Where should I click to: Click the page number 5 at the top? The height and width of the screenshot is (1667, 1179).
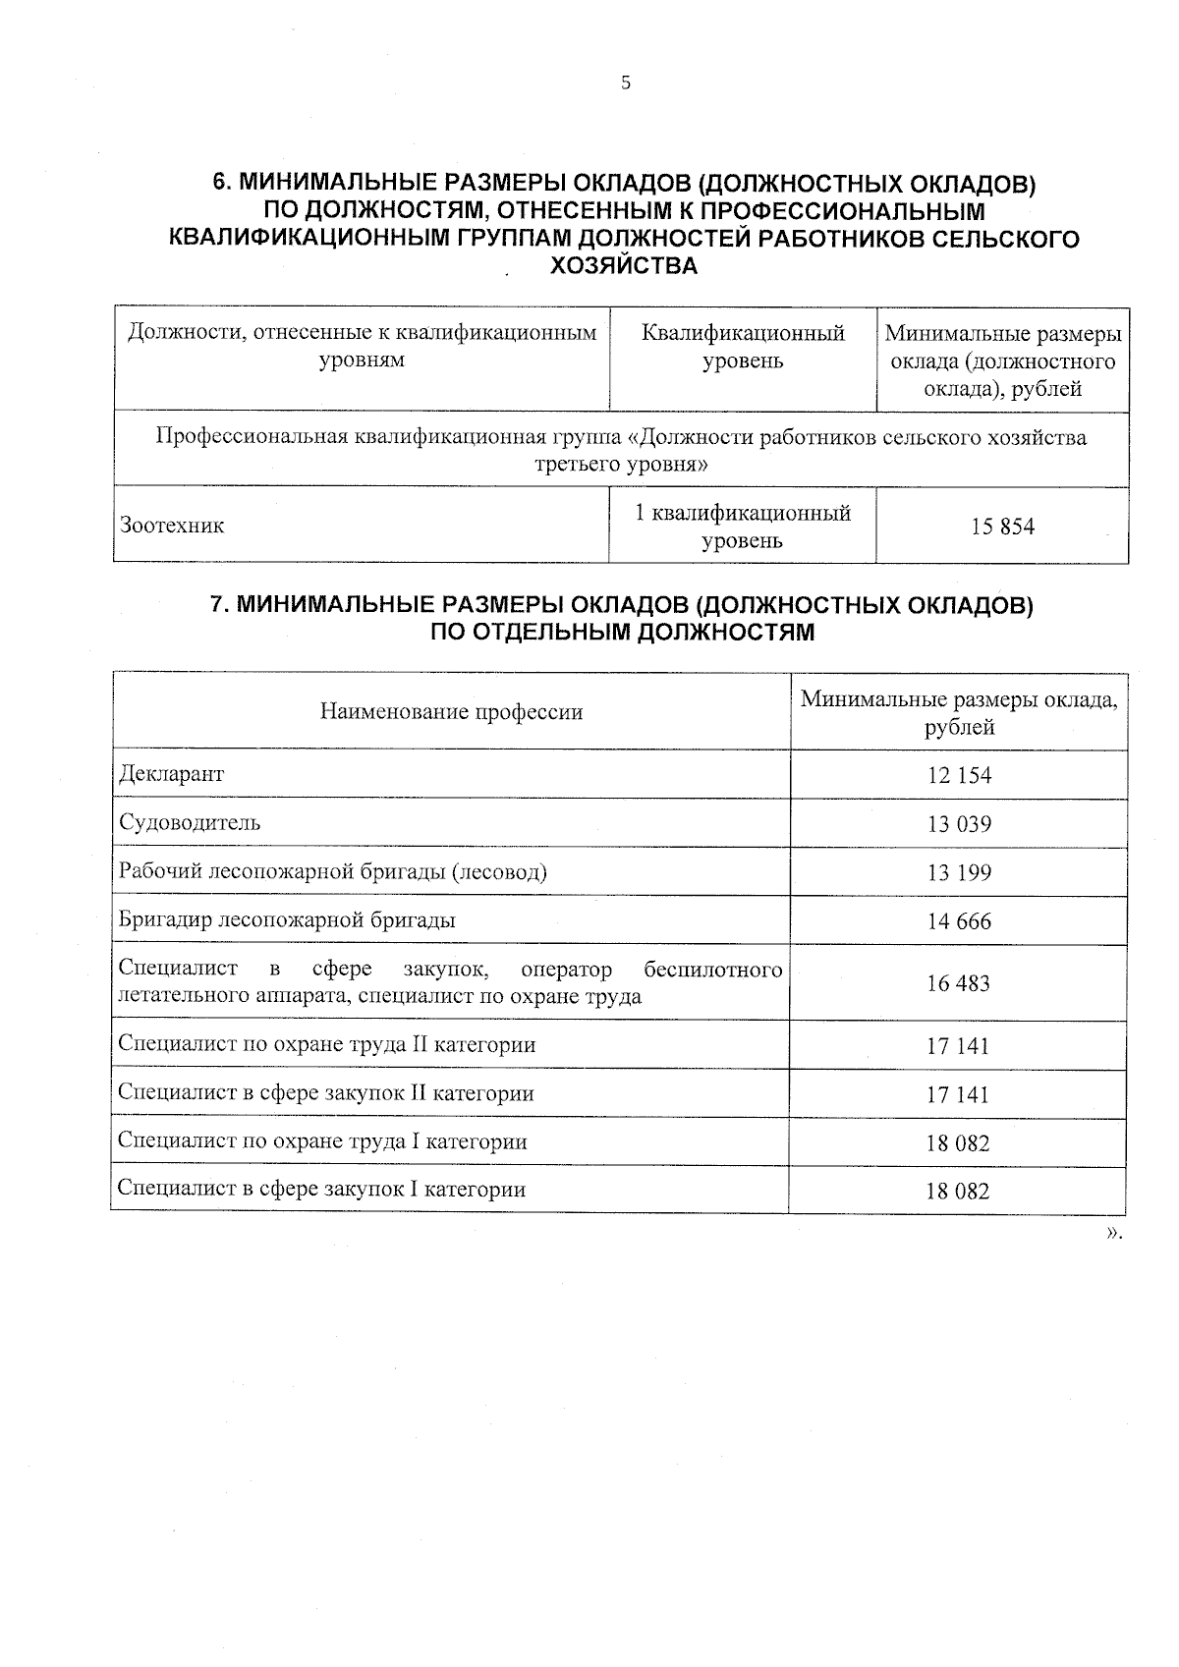[626, 83]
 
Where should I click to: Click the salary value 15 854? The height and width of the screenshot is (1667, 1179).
[1002, 527]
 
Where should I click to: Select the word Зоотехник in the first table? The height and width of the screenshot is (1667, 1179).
[172, 526]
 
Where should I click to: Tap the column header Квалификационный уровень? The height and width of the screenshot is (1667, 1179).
[743, 347]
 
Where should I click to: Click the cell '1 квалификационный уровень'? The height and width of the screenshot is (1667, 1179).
[743, 527]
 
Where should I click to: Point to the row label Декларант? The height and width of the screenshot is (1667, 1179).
[171, 774]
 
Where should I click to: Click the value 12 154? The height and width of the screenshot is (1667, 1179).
[959, 776]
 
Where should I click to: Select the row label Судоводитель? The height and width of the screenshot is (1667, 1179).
[190, 822]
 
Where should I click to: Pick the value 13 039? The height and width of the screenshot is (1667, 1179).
[959, 824]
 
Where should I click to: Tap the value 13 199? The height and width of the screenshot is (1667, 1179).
[959, 873]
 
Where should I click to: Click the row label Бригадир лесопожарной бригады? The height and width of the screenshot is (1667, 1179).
[287, 920]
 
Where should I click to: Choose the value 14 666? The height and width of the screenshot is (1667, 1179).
[959, 922]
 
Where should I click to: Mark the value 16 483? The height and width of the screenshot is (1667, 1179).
[958, 983]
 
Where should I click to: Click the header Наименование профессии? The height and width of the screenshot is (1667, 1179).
[451, 712]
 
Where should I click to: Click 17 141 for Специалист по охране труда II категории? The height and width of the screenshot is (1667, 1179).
[958, 1046]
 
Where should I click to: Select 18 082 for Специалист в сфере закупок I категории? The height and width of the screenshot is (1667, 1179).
[958, 1192]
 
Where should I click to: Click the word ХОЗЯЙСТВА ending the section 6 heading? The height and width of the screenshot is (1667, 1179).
[625, 266]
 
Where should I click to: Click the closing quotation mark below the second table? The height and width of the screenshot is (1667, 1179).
[1113, 1233]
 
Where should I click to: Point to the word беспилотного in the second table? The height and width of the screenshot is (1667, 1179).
[713, 970]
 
